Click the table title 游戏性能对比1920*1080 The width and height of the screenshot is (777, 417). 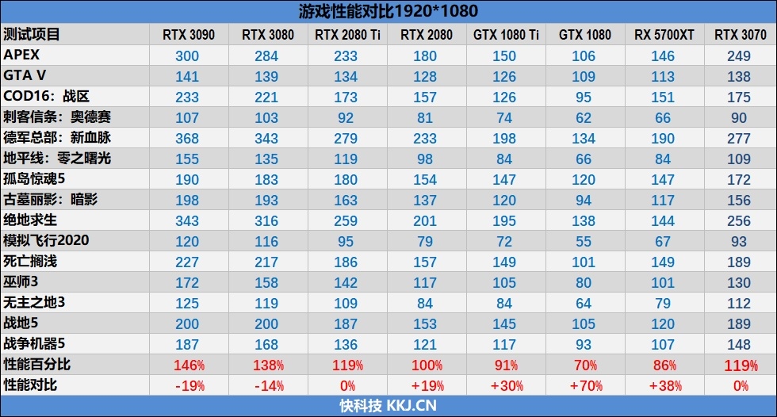(388, 11)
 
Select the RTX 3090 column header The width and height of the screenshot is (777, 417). (188, 35)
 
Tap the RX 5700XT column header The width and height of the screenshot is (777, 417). (664, 35)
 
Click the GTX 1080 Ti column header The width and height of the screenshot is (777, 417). (506, 35)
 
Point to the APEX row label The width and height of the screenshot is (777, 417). (22, 55)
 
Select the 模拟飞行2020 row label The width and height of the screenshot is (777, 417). (46, 240)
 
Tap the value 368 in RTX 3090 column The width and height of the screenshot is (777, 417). (188, 138)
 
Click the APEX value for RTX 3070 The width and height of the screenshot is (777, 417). (738, 55)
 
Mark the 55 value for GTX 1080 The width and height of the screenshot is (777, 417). (584, 241)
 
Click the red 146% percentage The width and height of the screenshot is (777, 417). (188, 365)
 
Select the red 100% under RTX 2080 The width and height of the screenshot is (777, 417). (426, 365)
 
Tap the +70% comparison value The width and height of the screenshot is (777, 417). (584, 385)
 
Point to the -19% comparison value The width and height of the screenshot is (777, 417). (188, 385)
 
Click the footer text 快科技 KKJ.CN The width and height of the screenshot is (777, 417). (388, 406)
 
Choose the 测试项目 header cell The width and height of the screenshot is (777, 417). (32, 35)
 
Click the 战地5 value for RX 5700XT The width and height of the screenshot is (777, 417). (664, 323)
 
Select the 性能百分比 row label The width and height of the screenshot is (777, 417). (37, 365)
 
